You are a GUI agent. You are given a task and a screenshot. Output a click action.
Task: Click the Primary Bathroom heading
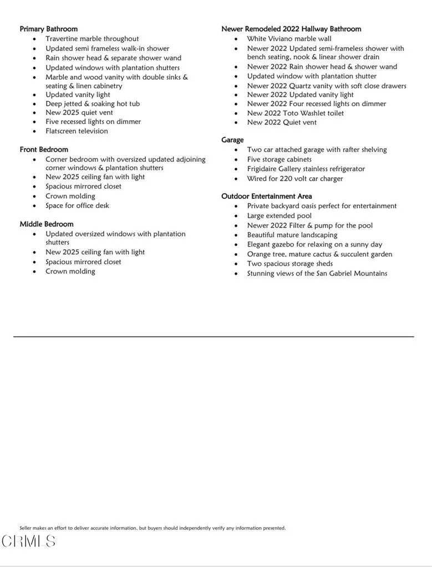tap(48, 29)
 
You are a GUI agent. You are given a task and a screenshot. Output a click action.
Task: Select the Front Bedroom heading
tap(44, 150)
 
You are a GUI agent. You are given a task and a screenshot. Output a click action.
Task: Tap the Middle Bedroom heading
tap(47, 224)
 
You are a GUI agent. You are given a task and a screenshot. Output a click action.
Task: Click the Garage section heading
tap(232, 140)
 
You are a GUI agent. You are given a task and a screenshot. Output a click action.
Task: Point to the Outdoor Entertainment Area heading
tap(266, 196)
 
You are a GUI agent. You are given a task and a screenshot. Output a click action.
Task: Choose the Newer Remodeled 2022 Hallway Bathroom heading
tap(291, 29)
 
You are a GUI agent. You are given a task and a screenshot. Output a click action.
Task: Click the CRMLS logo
tap(28, 541)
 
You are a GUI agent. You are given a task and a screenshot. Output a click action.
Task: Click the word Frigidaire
tap(265, 169)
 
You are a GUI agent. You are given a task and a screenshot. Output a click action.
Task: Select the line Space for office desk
tap(77, 205)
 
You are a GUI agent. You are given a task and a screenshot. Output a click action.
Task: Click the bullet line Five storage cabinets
tap(279, 159)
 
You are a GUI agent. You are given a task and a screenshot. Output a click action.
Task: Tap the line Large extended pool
tap(279, 216)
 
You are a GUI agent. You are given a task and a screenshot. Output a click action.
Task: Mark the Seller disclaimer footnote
tap(153, 528)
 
